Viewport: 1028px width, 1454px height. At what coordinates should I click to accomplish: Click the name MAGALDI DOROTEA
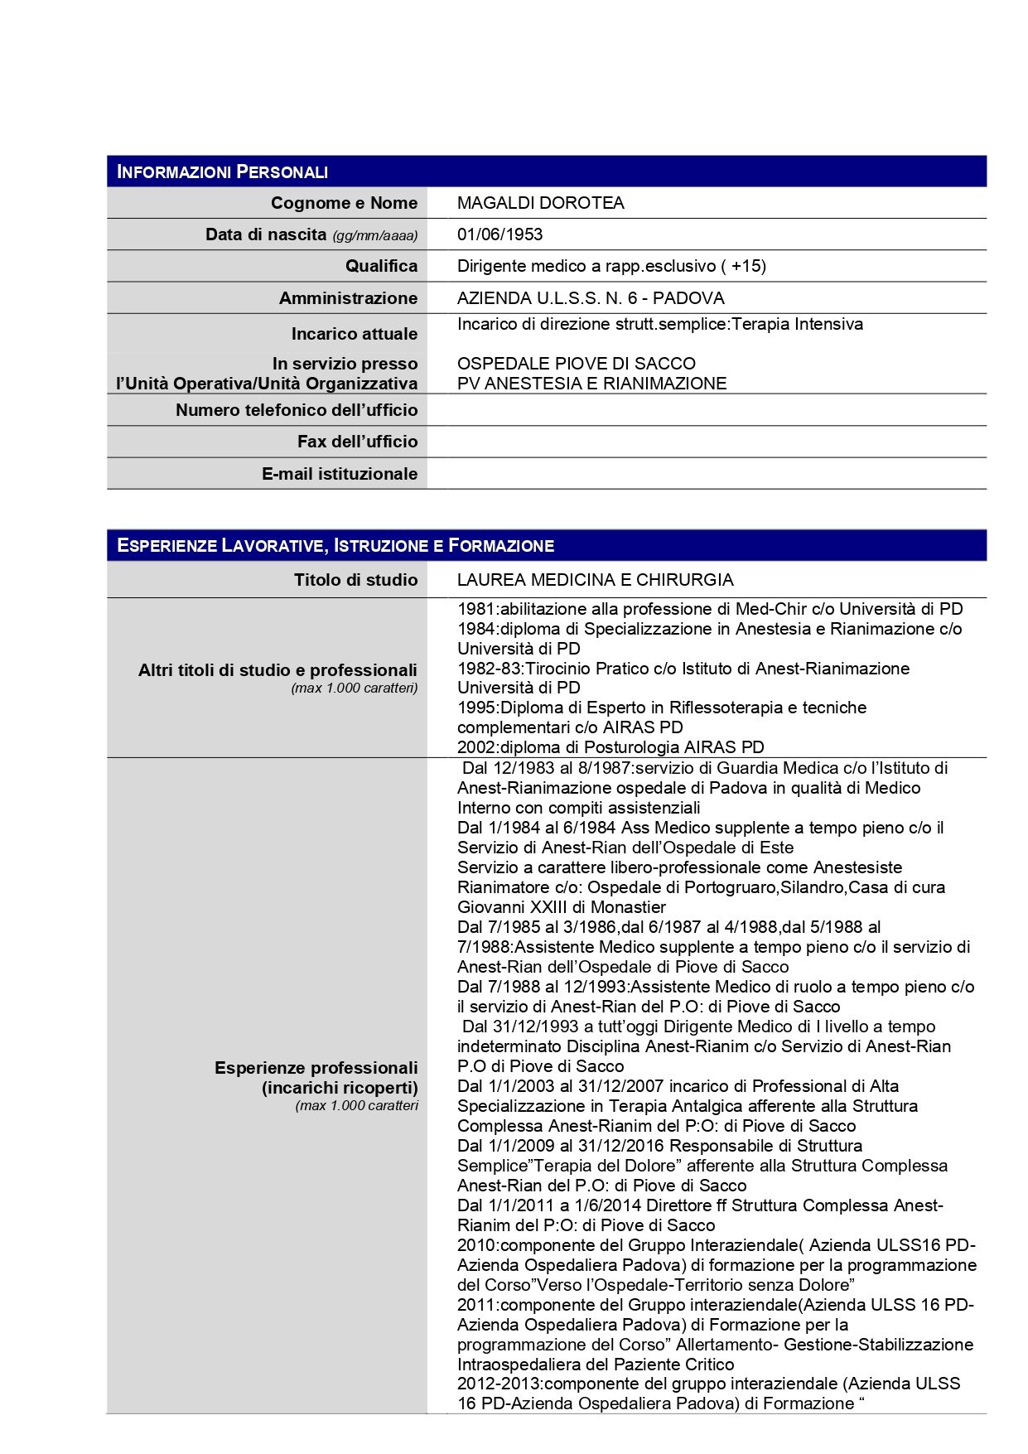pyautogui.click(x=540, y=203)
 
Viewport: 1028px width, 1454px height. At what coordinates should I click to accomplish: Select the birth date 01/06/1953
pyautogui.click(x=500, y=234)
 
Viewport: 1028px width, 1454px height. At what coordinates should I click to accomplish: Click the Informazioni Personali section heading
pyautogui.click(x=223, y=171)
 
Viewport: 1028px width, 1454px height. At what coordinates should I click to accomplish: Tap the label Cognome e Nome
pyautogui.click(x=344, y=203)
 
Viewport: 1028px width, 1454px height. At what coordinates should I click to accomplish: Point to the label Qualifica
pyautogui.click(x=381, y=266)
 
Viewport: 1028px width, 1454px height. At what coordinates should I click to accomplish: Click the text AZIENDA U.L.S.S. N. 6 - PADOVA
pyautogui.click(x=590, y=298)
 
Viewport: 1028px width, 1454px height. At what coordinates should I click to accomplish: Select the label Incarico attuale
pyautogui.click(x=354, y=334)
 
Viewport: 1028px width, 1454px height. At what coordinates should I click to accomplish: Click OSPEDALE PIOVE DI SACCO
pyautogui.click(x=576, y=364)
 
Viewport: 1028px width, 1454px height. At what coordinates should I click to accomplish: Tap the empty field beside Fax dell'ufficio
pyautogui.click(x=706, y=442)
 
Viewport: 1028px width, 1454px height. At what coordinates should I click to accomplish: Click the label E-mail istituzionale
pyautogui.click(x=339, y=474)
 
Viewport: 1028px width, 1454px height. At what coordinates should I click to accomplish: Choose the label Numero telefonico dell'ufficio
pyautogui.click(x=297, y=410)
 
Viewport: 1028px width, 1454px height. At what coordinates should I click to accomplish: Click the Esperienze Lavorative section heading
pyautogui.click(x=335, y=545)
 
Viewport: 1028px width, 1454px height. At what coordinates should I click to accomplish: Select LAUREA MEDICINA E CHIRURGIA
pyautogui.click(x=595, y=580)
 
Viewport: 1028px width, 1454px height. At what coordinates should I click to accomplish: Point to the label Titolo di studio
pyautogui.click(x=355, y=580)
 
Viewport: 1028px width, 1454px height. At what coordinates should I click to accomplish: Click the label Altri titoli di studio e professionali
pyautogui.click(x=278, y=670)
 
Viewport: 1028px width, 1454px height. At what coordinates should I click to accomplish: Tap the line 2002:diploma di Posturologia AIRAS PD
pyautogui.click(x=611, y=747)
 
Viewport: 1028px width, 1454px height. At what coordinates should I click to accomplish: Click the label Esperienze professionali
pyautogui.click(x=316, y=1068)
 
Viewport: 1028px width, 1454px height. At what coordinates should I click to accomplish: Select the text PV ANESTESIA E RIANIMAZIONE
pyautogui.click(x=591, y=384)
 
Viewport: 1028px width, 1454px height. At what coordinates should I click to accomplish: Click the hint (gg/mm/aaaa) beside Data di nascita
pyautogui.click(x=374, y=236)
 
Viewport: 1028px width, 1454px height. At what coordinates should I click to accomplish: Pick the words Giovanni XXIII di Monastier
pyautogui.click(x=561, y=907)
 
